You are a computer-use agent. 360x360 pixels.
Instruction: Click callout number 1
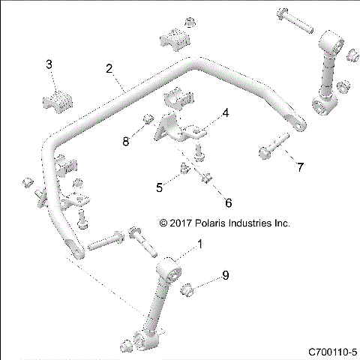(199, 244)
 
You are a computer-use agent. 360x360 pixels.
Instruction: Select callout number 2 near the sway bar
(109, 70)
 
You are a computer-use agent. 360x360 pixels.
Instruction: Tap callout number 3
(49, 65)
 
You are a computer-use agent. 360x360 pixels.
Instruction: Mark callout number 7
(299, 166)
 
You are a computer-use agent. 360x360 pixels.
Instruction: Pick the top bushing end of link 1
(169, 268)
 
